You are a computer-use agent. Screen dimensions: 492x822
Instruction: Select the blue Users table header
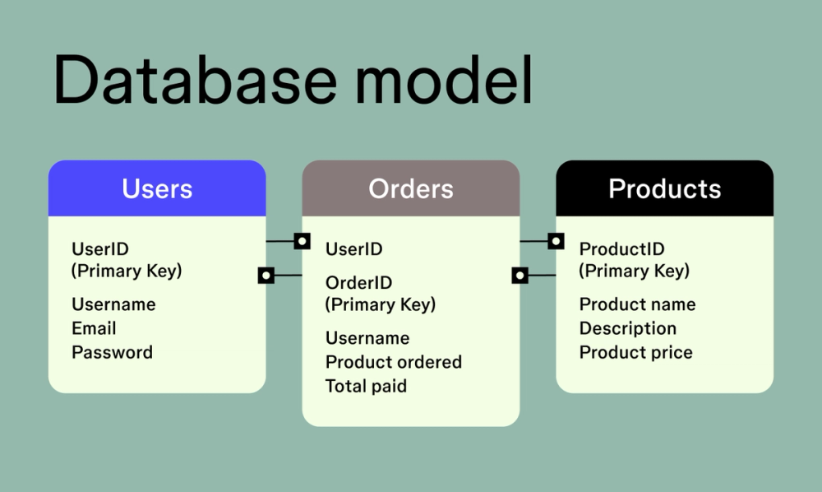coord(157,188)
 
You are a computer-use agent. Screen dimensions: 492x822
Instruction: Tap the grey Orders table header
coord(411,188)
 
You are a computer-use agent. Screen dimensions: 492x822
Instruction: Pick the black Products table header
coord(664,188)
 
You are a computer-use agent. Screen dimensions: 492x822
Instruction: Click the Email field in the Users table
coord(94,328)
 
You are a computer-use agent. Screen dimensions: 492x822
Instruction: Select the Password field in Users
coord(112,352)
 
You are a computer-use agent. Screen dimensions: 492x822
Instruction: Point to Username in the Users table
coord(113,304)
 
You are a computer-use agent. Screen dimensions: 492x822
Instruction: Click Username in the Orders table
coord(367,338)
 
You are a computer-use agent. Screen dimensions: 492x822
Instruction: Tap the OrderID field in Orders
coord(358,283)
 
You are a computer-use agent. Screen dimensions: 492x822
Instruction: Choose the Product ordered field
coord(393,362)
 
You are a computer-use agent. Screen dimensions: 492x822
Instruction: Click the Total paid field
coord(366,386)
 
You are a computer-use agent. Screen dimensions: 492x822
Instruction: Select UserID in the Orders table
coord(353,249)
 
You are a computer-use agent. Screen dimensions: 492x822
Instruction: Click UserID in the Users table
coord(100,249)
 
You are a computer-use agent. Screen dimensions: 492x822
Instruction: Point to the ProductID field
coord(621,249)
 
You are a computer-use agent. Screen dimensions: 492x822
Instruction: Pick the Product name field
coord(637,304)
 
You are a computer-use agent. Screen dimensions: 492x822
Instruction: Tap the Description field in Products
coord(627,328)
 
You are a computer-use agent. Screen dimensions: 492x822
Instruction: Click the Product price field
coord(635,352)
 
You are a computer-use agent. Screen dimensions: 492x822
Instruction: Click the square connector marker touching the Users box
coord(266,275)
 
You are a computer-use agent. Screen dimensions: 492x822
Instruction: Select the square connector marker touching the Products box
coord(556,241)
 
